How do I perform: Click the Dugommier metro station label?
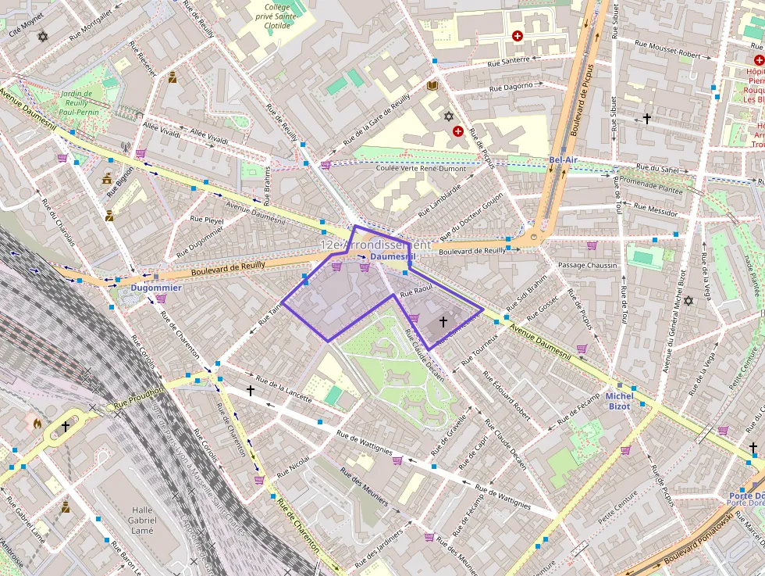[x=156, y=288]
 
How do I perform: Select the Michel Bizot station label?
[x=619, y=401]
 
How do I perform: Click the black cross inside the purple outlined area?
[x=443, y=321]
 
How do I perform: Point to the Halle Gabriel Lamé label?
[x=141, y=520]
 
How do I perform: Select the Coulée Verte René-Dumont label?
[x=420, y=168]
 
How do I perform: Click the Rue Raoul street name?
[x=416, y=292]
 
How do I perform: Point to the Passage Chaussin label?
[x=587, y=266]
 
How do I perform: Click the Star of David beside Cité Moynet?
[x=42, y=37]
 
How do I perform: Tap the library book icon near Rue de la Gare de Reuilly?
[x=432, y=86]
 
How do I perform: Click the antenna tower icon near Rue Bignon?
[x=124, y=147]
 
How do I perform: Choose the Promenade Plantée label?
[x=651, y=187]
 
